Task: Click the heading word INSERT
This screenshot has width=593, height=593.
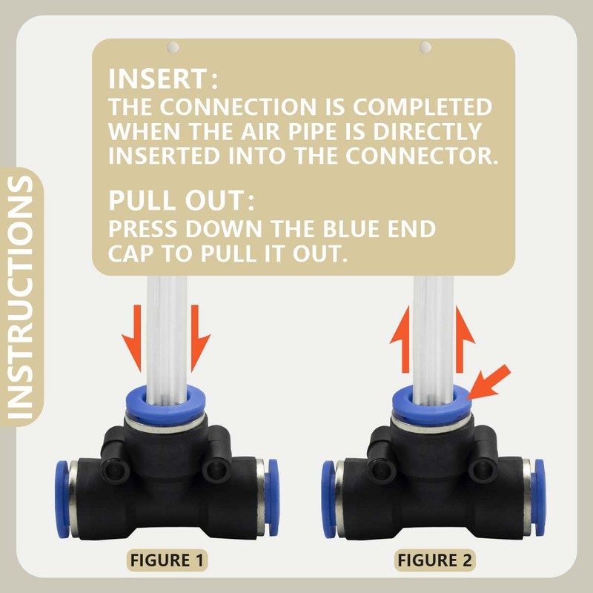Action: pos(159,79)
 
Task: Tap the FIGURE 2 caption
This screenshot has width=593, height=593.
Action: pos(434,560)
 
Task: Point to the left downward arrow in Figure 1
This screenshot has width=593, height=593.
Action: pos(135,337)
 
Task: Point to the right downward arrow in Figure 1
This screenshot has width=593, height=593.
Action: pos(196,337)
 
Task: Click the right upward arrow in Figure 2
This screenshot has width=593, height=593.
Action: pos(464,342)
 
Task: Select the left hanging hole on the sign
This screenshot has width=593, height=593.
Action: pos(173,47)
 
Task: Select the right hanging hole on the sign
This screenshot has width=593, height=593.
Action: pos(425,47)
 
